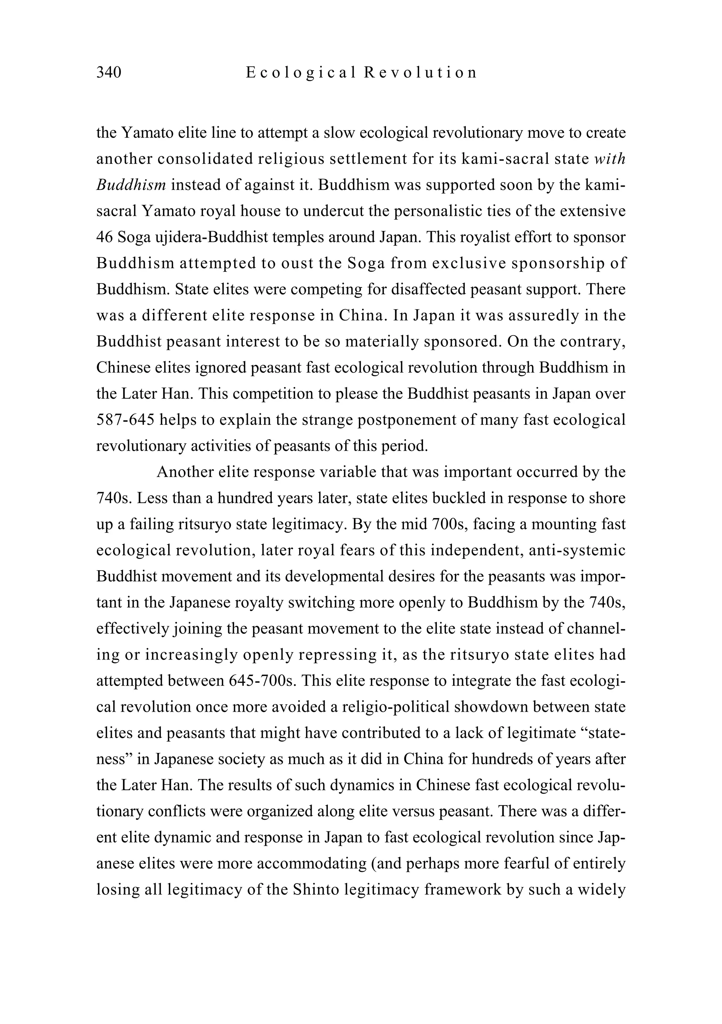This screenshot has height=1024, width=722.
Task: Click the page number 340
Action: pos(109,72)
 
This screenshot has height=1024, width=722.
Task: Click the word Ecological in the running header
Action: pos(301,72)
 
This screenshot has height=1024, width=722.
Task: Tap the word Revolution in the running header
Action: pos(420,72)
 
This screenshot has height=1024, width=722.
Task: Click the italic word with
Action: pos(610,159)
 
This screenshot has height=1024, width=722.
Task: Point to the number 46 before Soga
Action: pos(104,237)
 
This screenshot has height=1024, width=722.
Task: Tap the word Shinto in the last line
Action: pos(315,890)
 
